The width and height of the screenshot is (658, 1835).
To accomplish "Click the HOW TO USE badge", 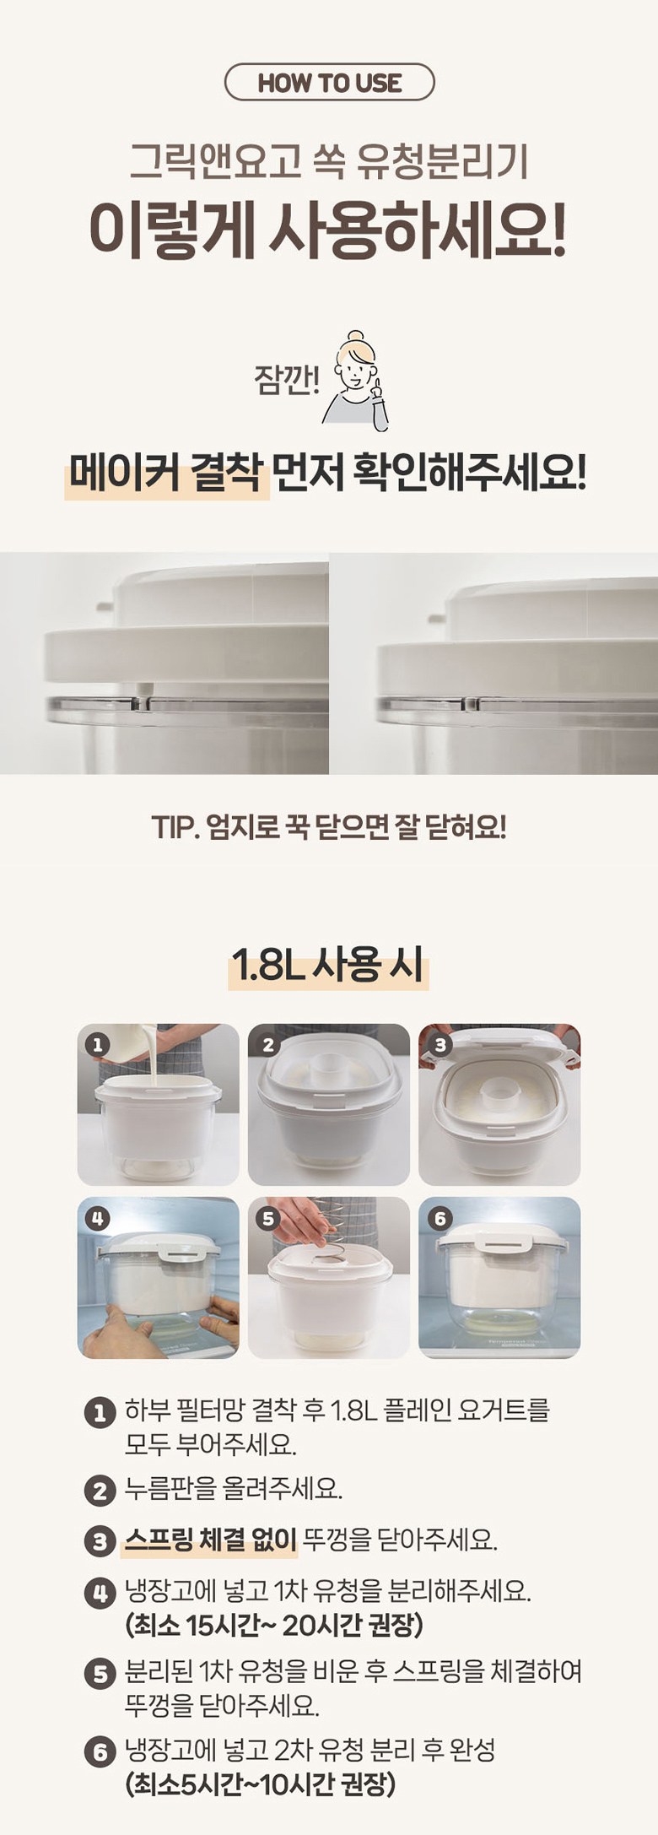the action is coord(329,83).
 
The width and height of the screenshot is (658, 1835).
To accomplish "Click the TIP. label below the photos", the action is coord(175,827).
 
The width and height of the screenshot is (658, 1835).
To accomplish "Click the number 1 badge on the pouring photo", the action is coord(97,1044).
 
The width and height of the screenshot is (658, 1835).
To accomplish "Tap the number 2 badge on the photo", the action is coord(268,1045).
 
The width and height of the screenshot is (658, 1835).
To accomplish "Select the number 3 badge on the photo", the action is coord(440,1045).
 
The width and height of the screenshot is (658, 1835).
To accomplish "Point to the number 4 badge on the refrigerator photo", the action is coord(98,1218).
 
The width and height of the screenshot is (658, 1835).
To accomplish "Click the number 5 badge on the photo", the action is coord(268,1219).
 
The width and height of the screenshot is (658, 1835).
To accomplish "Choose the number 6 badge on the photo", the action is coord(440,1218).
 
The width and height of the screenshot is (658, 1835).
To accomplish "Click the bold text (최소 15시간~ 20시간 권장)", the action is coord(274,1624).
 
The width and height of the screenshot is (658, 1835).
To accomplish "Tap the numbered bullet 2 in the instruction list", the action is coord(100,1491).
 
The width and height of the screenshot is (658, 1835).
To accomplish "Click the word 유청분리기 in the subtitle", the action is coord(443,161).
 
